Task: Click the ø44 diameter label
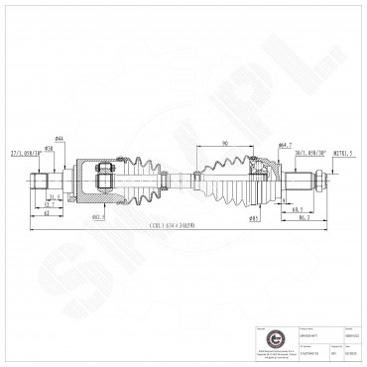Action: [60, 138]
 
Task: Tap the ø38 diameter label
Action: [49, 147]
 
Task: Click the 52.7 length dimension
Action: [50, 204]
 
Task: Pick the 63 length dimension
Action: [47, 213]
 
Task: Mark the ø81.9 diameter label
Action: [98, 216]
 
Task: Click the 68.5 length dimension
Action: [297, 210]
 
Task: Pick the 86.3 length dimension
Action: [303, 218]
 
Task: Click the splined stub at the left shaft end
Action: [42, 183]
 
